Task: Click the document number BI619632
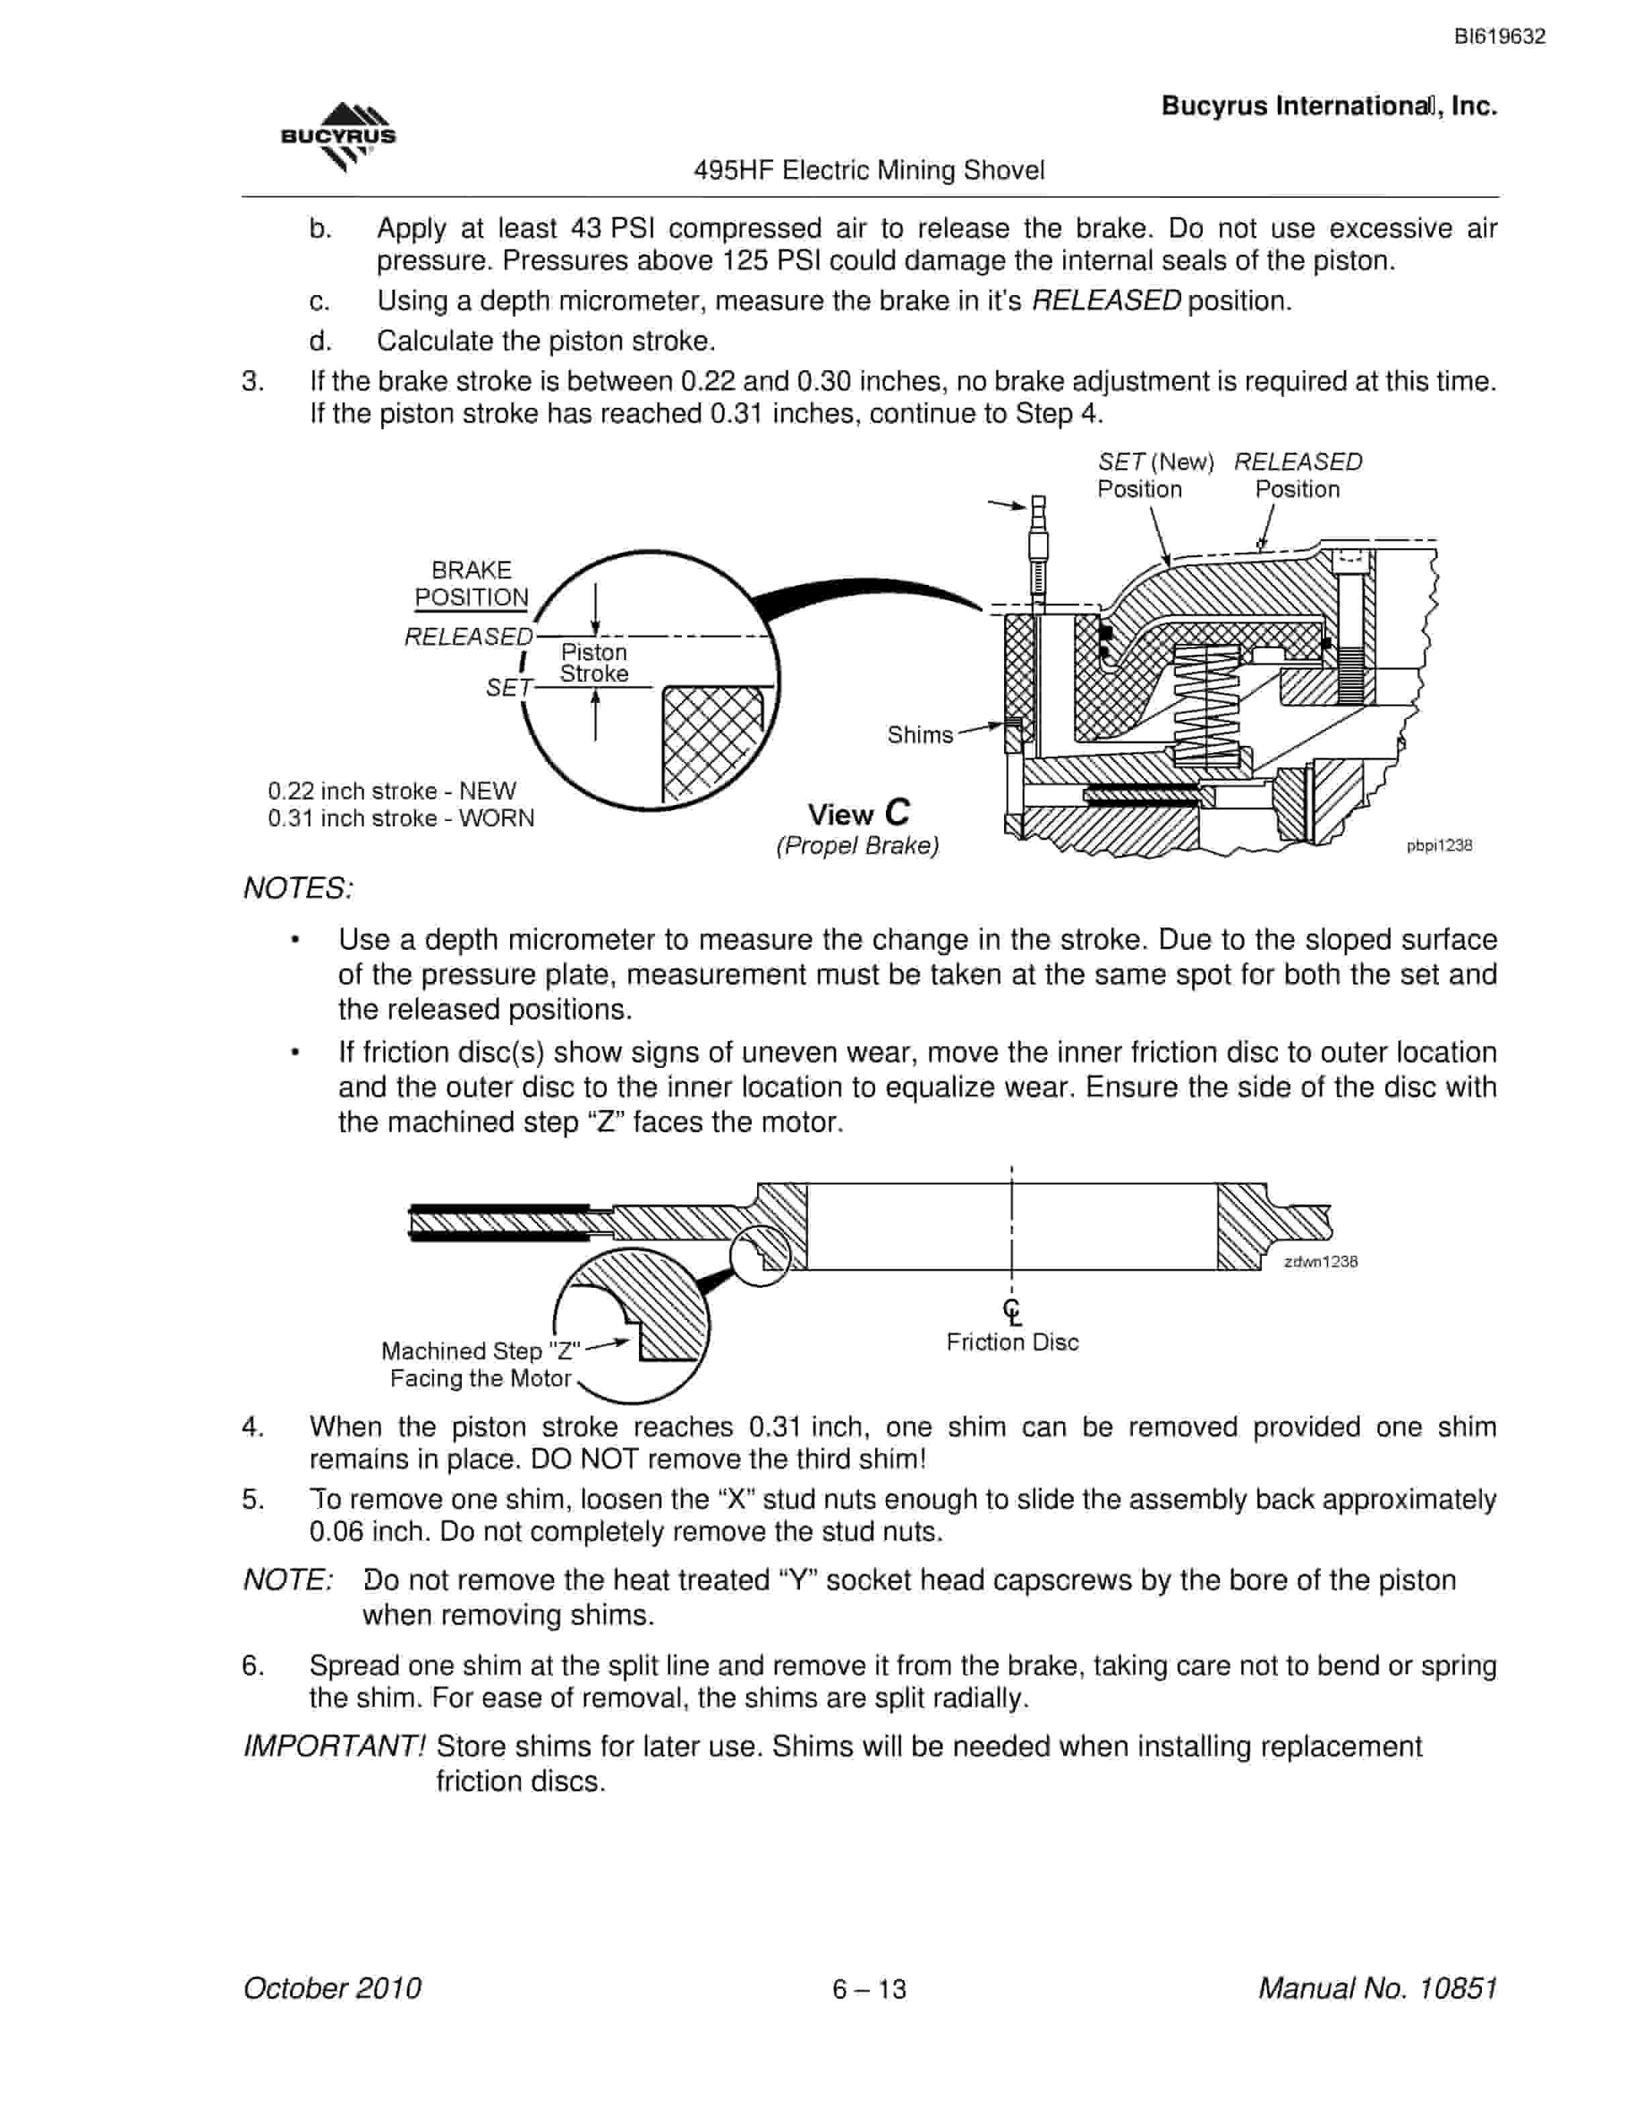1499,37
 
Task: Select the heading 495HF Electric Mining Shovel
868,170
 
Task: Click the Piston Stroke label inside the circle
594,663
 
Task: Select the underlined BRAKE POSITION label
471,584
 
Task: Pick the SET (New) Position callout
1155,475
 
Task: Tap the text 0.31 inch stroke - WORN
401,818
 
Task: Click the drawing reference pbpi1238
1438,846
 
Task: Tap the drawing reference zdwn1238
1321,1261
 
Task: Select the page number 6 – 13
869,1989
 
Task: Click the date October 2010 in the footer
332,1987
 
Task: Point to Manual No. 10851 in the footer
1377,1987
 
